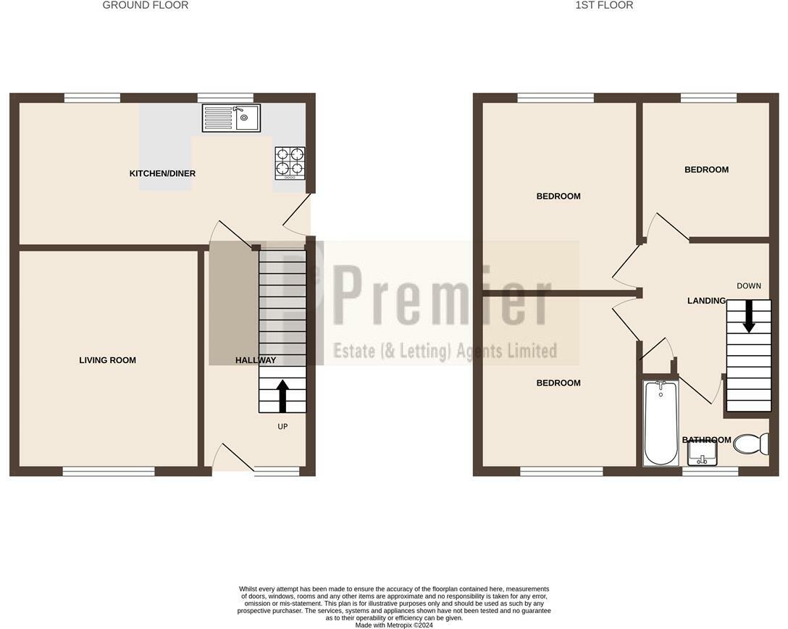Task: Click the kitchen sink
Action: click(x=231, y=118)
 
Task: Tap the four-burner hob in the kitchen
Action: click(x=290, y=163)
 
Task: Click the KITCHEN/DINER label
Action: click(x=162, y=174)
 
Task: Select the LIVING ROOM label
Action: click(x=108, y=360)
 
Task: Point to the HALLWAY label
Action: click(x=256, y=360)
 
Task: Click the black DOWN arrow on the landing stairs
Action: click(x=749, y=317)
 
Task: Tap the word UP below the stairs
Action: click(x=282, y=427)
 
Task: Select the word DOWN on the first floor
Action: click(x=749, y=286)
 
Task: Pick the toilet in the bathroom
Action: click(x=751, y=443)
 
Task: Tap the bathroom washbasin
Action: click(x=702, y=454)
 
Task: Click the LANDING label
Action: click(x=706, y=301)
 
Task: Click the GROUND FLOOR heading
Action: click(x=146, y=5)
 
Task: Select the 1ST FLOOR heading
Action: click(x=604, y=5)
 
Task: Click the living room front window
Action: click(x=109, y=472)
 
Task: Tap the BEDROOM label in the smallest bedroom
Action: click(x=706, y=170)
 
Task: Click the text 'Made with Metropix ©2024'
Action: click(x=394, y=625)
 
